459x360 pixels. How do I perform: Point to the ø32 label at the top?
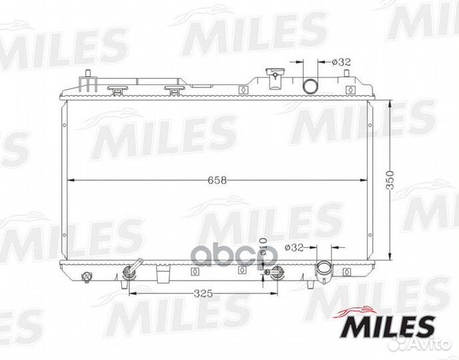coord(342,63)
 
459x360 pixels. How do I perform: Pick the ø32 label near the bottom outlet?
coord(294,247)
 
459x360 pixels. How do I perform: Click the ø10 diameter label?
coord(263,252)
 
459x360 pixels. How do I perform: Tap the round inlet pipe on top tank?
coord(310,85)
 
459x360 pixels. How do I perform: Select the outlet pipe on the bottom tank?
coord(325,270)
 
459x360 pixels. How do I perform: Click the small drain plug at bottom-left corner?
coord(85,277)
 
